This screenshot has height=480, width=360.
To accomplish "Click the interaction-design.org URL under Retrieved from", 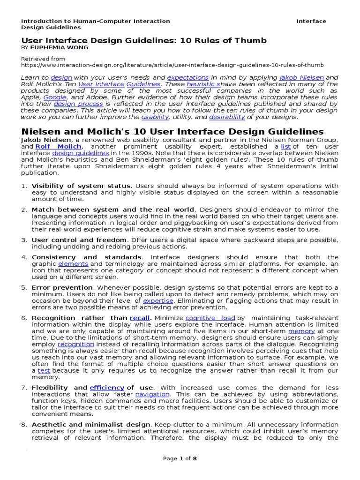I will pyautogui.click(x=172, y=65).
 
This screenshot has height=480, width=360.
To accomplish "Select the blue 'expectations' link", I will pyautogui.click(x=187, y=77).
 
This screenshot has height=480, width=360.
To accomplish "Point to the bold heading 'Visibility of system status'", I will pyautogui.click(x=81, y=186).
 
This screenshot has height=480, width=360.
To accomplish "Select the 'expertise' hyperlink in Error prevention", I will pyautogui.click(x=158, y=300).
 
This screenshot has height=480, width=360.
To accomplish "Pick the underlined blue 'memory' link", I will pyautogui.click(x=301, y=331).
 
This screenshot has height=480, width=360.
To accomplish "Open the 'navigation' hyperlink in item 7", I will pyautogui.click(x=152, y=394).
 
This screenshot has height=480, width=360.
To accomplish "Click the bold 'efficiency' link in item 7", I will pyautogui.click(x=107, y=388).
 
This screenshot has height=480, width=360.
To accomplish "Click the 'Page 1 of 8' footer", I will pyautogui.click(x=180, y=459).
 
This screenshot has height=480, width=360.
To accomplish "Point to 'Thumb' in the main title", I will pyautogui.click(x=250, y=40).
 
